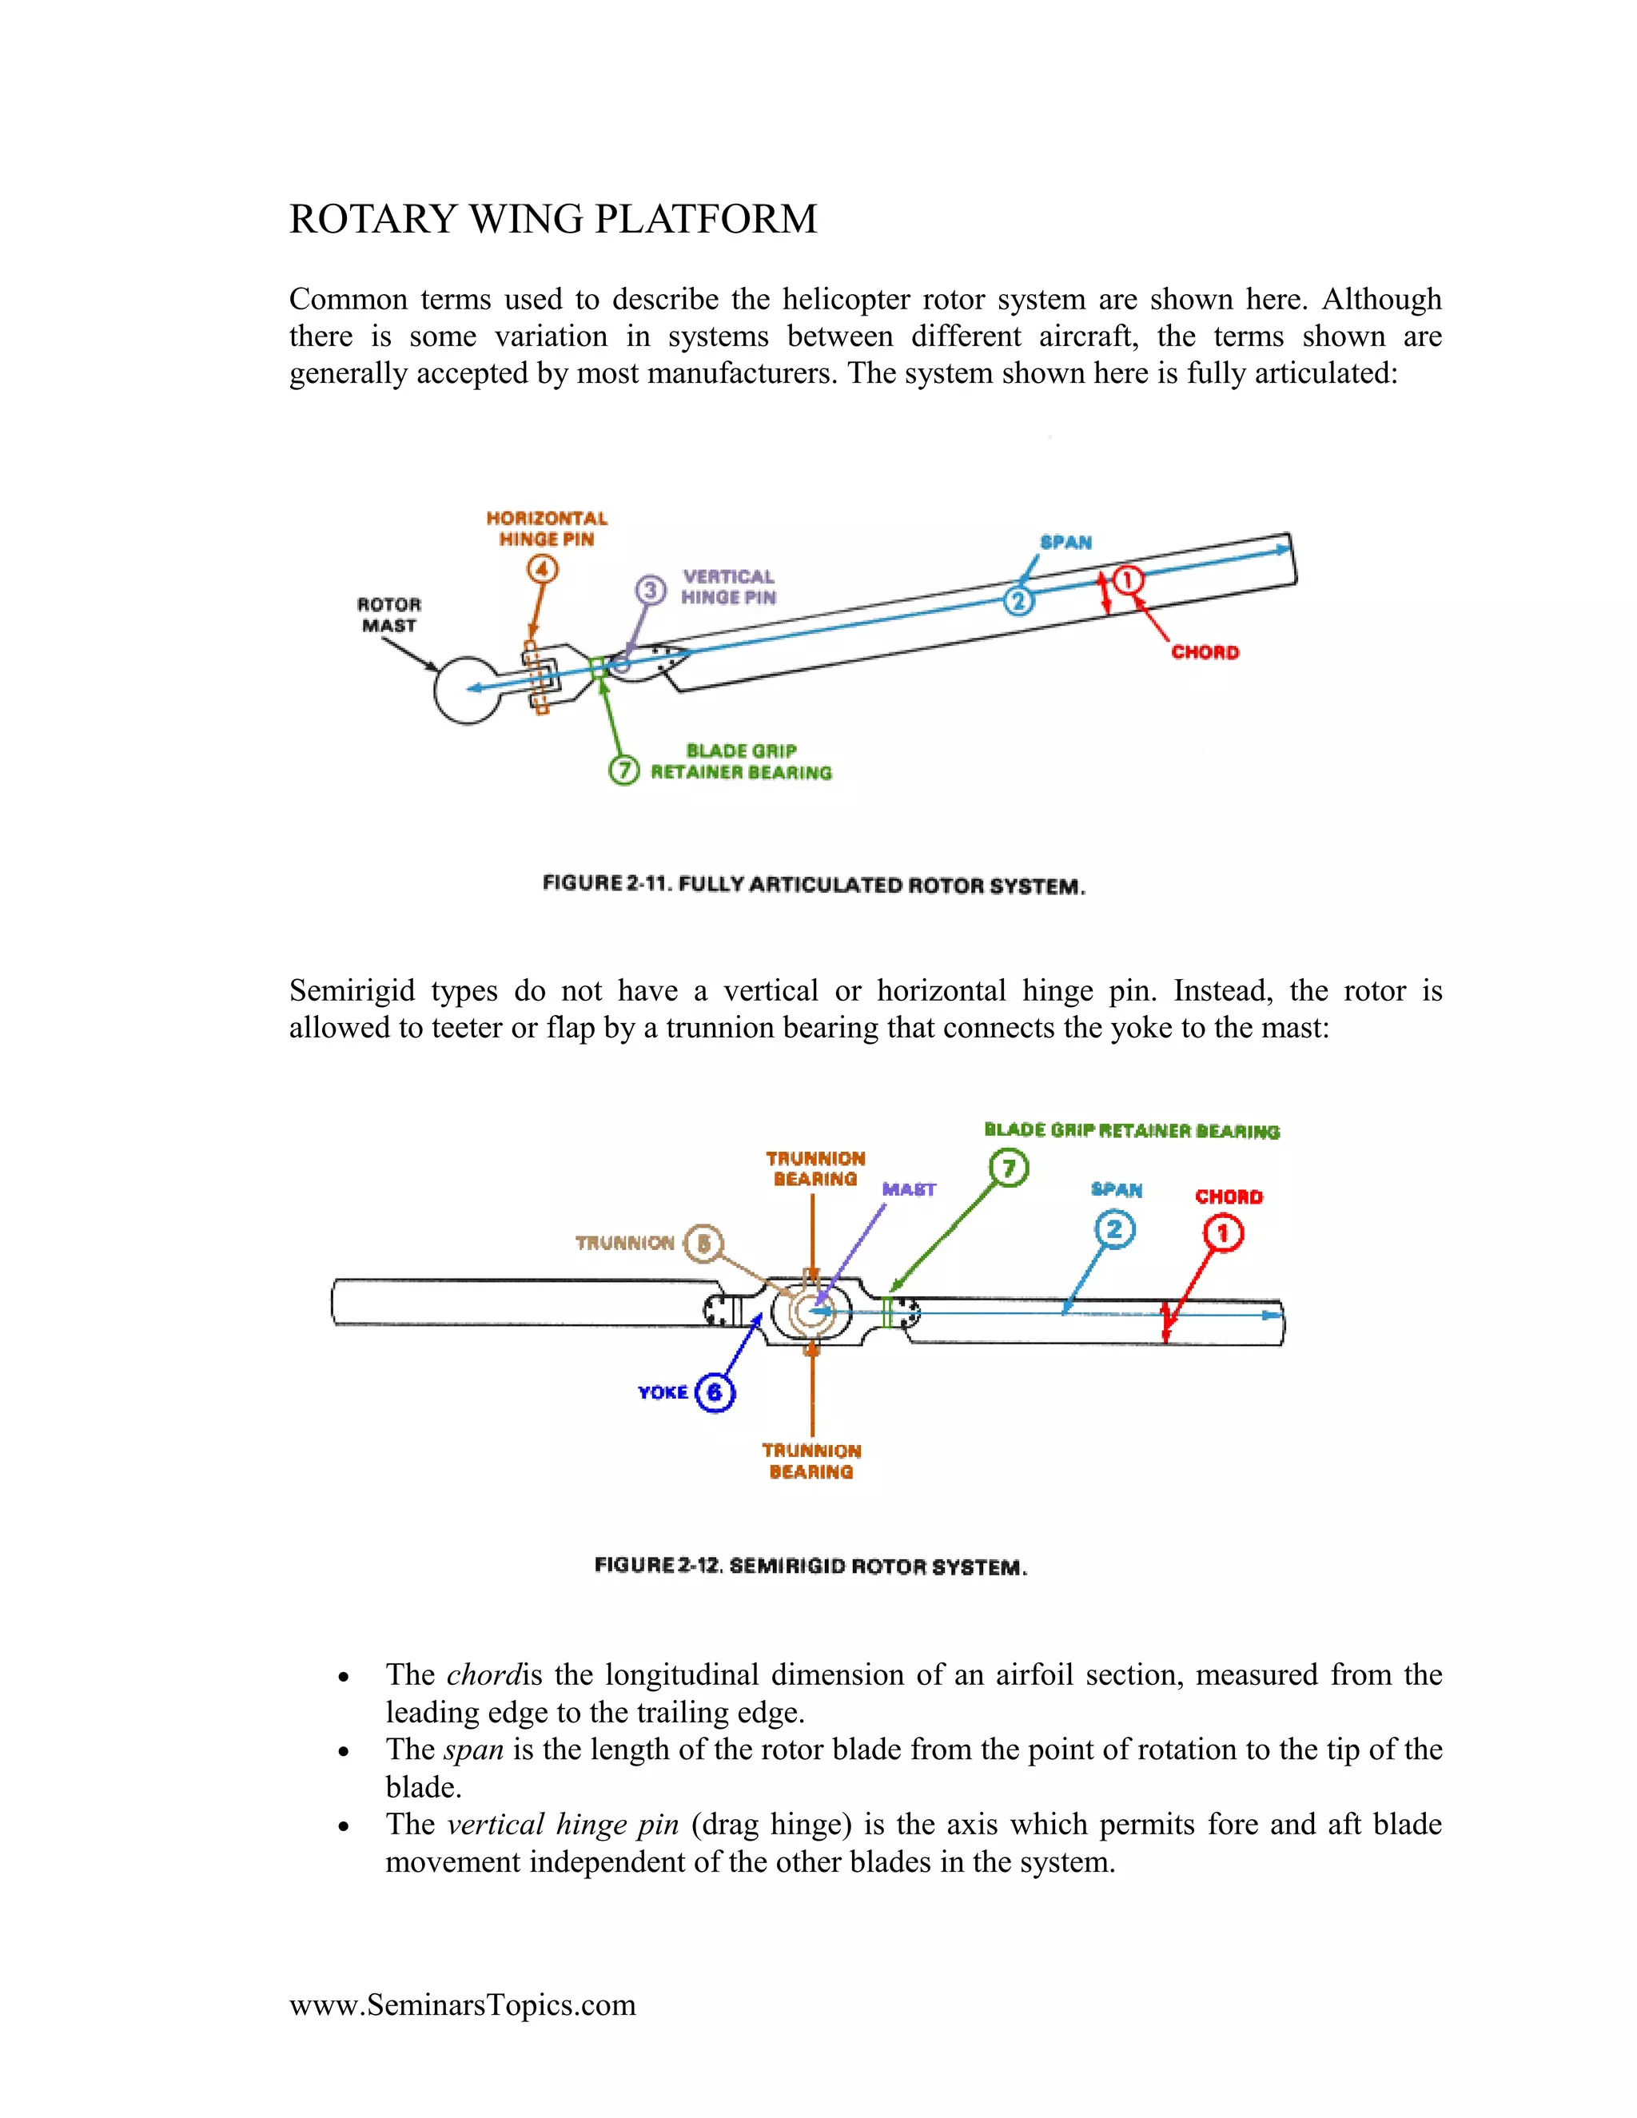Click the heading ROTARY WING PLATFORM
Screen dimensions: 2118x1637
click(x=553, y=219)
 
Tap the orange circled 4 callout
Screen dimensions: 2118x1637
click(x=542, y=568)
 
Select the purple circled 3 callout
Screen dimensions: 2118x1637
click(x=651, y=590)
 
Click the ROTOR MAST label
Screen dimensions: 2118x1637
click(x=389, y=615)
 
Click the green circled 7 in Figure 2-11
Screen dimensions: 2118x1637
click(x=623, y=770)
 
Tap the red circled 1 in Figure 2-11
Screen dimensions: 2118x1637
click(x=1127, y=580)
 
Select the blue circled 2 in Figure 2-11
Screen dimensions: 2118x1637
click(x=1018, y=601)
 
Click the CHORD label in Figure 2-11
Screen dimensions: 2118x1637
click(x=1205, y=651)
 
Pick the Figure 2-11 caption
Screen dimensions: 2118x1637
click(x=814, y=885)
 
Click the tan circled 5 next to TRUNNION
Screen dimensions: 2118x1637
click(x=704, y=1244)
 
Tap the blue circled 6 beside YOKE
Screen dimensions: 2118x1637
click(x=715, y=1392)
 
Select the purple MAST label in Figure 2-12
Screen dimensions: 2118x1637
click(x=909, y=1189)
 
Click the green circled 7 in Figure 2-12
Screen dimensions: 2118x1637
click(x=1009, y=1168)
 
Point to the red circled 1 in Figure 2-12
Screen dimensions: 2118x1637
click(x=1223, y=1232)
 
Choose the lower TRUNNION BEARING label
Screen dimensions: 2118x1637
click(x=812, y=1460)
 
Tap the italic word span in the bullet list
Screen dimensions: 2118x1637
click(x=473, y=1750)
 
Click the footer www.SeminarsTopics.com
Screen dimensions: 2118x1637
click(x=463, y=2005)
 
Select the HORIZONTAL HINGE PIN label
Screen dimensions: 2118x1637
click(x=547, y=528)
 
